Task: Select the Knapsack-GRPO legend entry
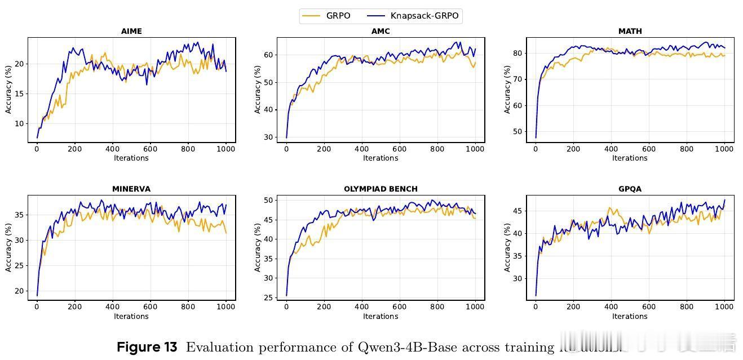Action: click(424, 16)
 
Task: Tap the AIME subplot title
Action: click(131, 32)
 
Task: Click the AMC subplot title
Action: click(381, 32)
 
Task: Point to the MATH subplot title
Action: click(630, 32)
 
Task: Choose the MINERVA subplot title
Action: click(131, 189)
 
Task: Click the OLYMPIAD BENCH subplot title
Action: click(381, 189)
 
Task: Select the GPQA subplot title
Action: click(630, 189)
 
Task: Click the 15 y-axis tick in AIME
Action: click(19, 94)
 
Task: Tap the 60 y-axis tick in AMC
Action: click(268, 55)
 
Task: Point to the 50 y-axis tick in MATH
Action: click(518, 132)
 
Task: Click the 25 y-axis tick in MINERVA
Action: click(19, 265)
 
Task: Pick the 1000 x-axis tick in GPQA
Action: click(724, 307)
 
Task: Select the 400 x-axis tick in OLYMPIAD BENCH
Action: click(361, 307)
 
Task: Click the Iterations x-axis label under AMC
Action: click(381, 158)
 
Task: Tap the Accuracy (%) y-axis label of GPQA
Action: click(507, 248)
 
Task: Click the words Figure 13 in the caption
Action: click(147, 348)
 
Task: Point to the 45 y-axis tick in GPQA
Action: click(518, 211)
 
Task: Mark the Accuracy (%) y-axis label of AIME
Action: click(8, 90)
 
